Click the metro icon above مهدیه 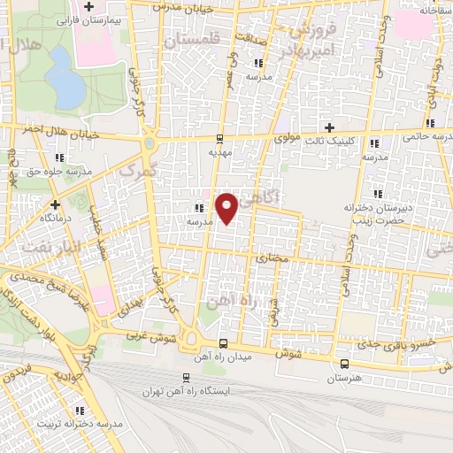click(x=220, y=139)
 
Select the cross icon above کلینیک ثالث click(x=329, y=127)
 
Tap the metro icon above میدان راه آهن click(x=222, y=343)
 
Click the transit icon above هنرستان click(x=343, y=364)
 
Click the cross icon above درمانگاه click(x=42, y=203)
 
